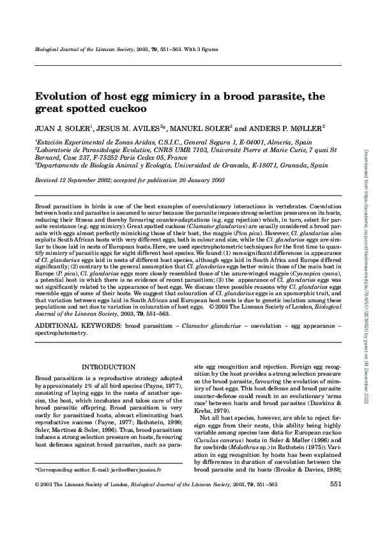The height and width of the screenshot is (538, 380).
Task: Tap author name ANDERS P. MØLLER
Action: [x=291, y=128]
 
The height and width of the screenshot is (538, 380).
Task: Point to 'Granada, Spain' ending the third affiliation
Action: [x=289, y=164]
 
